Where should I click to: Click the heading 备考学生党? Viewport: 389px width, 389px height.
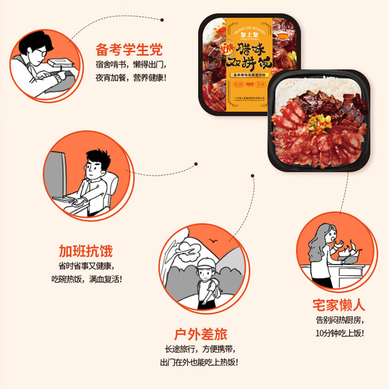(129, 50)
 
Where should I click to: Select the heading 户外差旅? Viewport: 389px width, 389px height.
(201, 334)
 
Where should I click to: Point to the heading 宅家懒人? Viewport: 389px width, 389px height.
(339, 305)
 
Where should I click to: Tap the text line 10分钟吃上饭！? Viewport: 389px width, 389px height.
(339, 333)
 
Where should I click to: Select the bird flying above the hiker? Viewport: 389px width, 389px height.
(212, 242)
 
